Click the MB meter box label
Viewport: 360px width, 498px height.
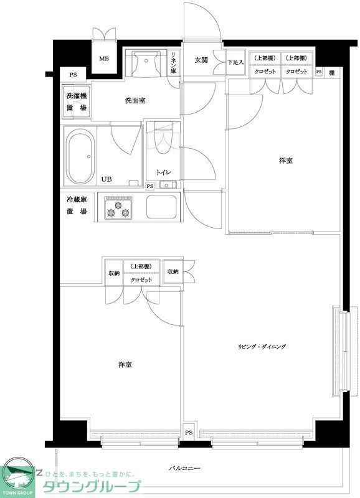point(103,60)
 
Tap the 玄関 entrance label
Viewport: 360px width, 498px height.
point(201,60)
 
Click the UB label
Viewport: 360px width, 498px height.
point(107,179)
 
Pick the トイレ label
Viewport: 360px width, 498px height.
point(163,172)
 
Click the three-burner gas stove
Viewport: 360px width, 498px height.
point(118,208)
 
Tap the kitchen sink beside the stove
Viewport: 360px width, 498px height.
point(162,207)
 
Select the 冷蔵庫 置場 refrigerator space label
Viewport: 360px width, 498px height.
point(77,206)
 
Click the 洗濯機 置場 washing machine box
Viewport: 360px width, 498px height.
point(77,102)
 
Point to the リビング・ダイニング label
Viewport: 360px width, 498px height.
point(260,346)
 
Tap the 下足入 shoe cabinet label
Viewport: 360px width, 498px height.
point(234,62)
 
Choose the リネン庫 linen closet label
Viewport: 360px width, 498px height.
point(175,62)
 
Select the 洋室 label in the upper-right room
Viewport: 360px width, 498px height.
point(286,161)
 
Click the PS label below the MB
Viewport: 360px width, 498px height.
point(73,75)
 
